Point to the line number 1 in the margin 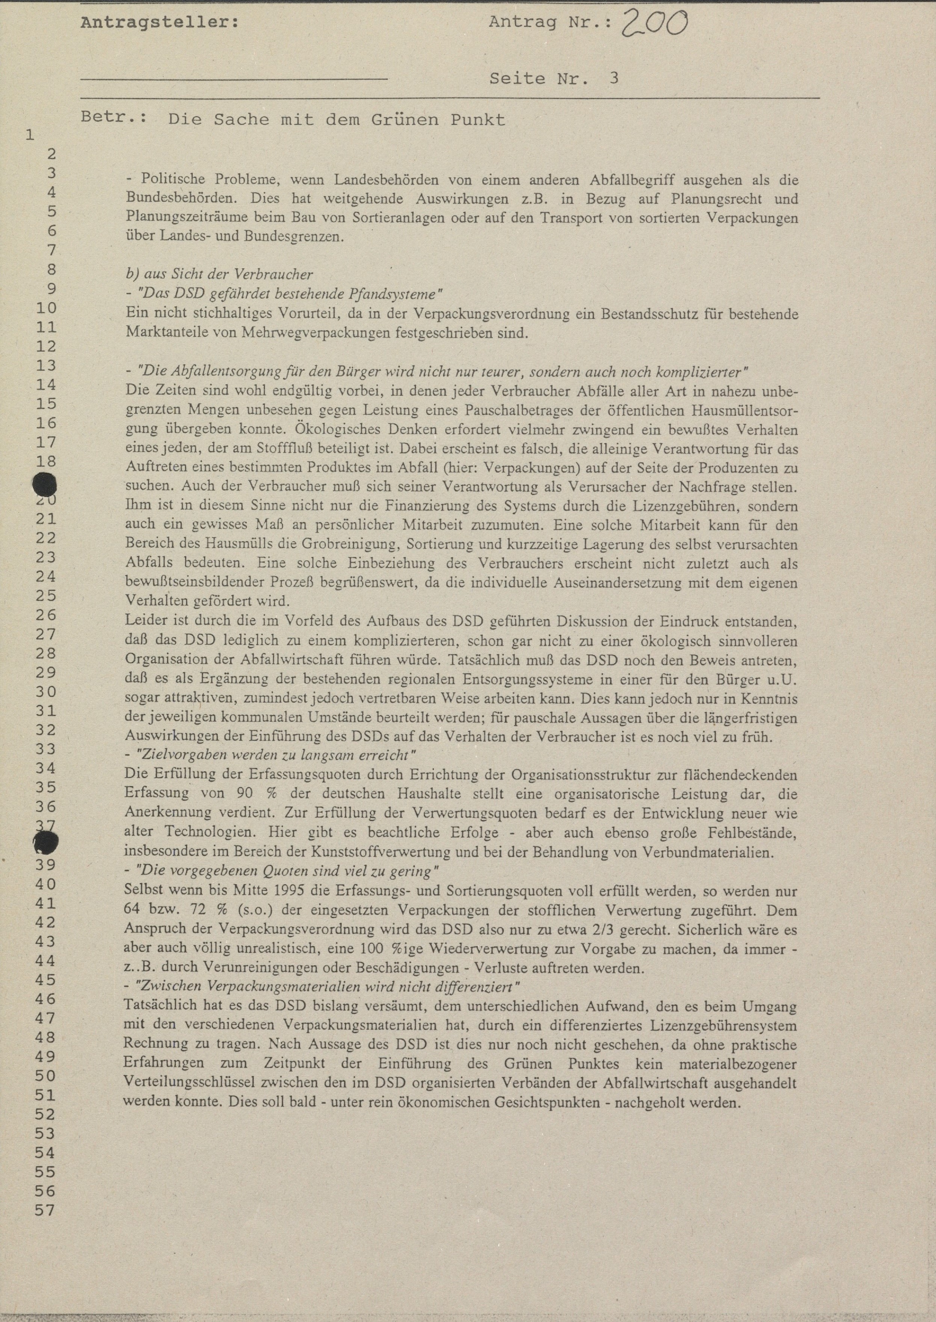pos(30,135)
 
